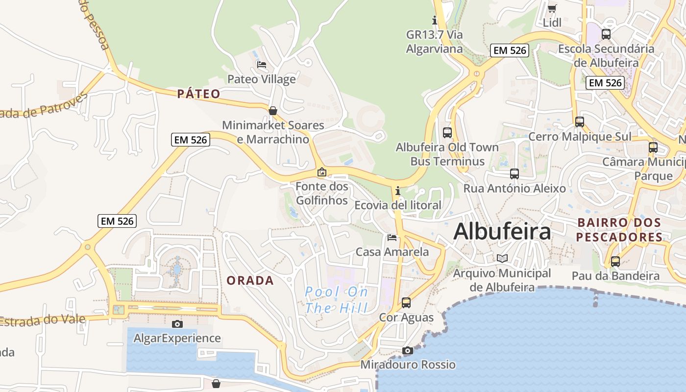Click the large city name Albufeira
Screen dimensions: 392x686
(x=502, y=231)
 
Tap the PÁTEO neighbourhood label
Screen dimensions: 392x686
(x=198, y=94)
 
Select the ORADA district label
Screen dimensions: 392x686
(x=250, y=280)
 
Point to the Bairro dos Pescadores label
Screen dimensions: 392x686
(x=619, y=230)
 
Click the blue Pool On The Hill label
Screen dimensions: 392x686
(x=336, y=300)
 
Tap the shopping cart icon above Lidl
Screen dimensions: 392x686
(x=552, y=8)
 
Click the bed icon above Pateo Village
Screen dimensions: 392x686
(x=262, y=64)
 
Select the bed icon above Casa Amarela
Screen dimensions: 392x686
(x=392, y=238)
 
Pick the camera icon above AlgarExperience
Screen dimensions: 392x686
(x=177, y=324)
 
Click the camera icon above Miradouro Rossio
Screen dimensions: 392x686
(x=408, y=350)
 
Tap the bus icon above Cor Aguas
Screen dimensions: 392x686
(x=406, y=303)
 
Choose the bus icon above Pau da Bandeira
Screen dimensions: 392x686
(x=615, y=262)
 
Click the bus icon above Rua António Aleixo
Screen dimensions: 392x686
(x=514, y=174)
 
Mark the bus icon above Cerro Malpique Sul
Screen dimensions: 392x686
(x=580, y=122)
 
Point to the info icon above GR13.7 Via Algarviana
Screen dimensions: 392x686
(x=434, y=21)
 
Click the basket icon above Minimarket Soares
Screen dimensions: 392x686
(x=273, y=111)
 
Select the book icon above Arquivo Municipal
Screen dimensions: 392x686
(x=502, y=258)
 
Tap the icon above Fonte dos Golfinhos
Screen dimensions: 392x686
(x=322, y=172)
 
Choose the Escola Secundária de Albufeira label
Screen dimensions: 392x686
(x=606, y=55)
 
